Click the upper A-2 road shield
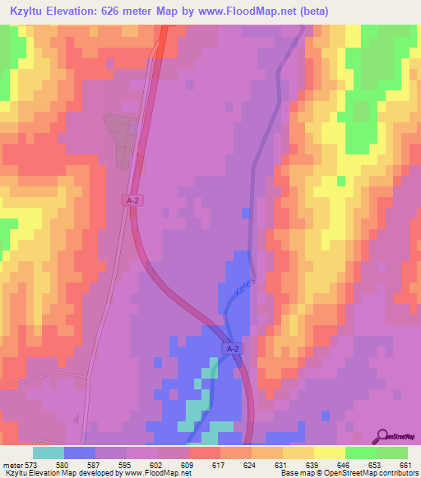pyautogui.click(x=132, y=200)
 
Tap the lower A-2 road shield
pyautogui.click(x=232, y=349)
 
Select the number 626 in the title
pyautogui.click(x=123, y=11)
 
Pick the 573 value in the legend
pyautogui.click(x=32, y=465)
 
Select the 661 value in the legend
pyautogui.click(x=405, y=465)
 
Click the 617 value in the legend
pyautogui.click(x=220, y=465)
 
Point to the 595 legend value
pyautogui.click(x=127, y=465)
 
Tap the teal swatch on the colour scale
pyautogui.click(x=49, y=453)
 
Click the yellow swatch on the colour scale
pyautogui.click(x=329, y=453)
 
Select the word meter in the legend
pyautogui.click(x=12, y=465)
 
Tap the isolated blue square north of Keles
pyautogui.click(x=245, y=214)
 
